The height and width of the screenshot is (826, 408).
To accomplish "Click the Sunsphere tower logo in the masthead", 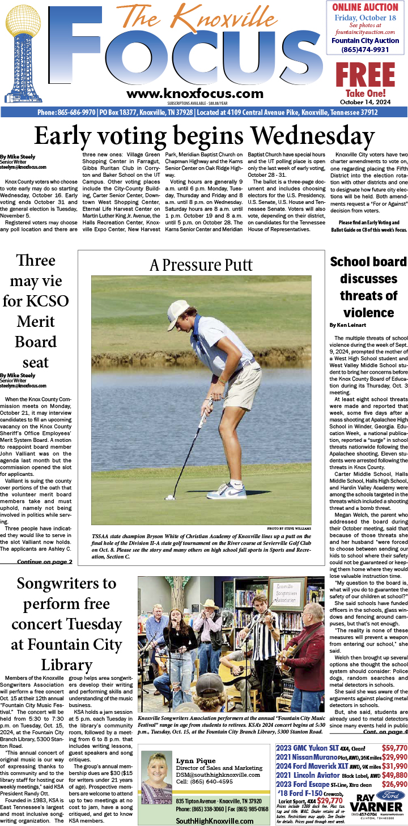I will point(23,57).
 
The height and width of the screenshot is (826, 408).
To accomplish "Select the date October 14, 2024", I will point(365,102).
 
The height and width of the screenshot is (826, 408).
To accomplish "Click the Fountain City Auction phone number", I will point(365,50).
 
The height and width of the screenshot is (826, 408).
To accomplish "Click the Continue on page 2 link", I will point(45,562).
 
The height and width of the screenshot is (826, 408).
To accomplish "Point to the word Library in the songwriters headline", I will point(67,665).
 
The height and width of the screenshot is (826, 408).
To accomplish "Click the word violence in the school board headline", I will point(368,312).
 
